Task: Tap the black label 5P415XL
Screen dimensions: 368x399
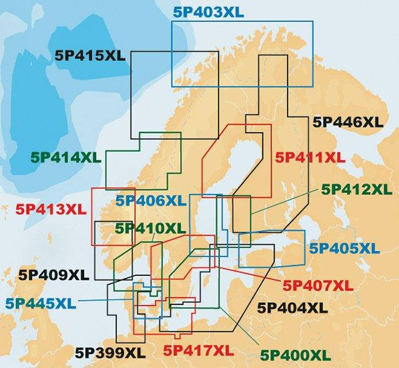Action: [90, 55]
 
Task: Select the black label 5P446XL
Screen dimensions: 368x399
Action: [348, 122]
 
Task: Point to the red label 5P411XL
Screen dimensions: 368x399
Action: [311, 157]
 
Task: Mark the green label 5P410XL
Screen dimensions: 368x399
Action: [150, 229]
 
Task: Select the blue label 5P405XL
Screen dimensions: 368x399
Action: [344, 248]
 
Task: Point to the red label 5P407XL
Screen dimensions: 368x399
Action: [317, 285]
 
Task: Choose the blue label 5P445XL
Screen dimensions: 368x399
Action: [40, 303]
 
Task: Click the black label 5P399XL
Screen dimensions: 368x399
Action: [110, 353]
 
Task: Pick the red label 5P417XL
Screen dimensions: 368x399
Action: [199, 351]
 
